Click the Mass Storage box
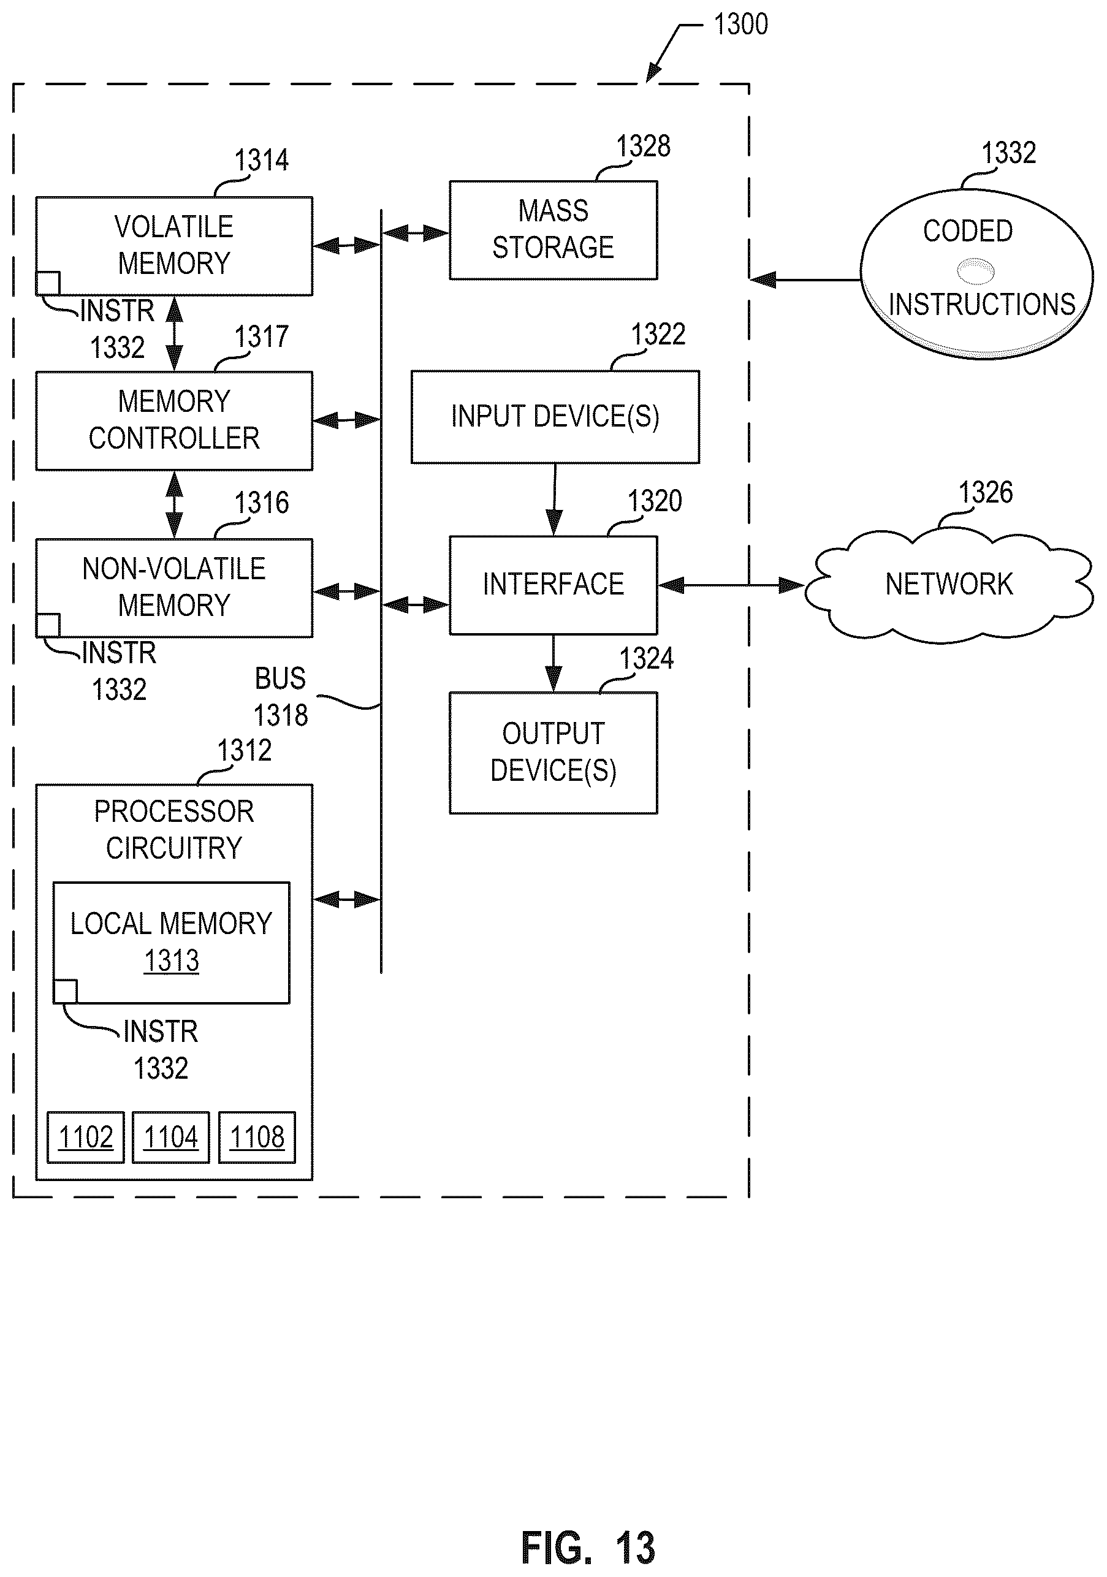tap(553, 230)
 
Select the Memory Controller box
tap(175, 420)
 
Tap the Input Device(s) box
tap(555, 417)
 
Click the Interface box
tap(553, 585)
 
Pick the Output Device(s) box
tap(553, 753)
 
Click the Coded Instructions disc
tap(976, 273)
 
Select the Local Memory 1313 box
tap(172, 943)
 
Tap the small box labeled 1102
tap(86, 1138)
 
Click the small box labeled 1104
tap(171, 1138)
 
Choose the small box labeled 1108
tap(257, 1138)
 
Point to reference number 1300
tap(741, 25)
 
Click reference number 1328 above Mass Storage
tap(644, 146)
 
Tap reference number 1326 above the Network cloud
tap(986, 493)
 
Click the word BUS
tap(280, 678)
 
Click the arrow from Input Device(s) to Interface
tap(554, 500)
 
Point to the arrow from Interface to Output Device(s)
tap(553, 664)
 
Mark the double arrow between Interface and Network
tap(731, 585)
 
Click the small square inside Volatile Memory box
tap(48, 283)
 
